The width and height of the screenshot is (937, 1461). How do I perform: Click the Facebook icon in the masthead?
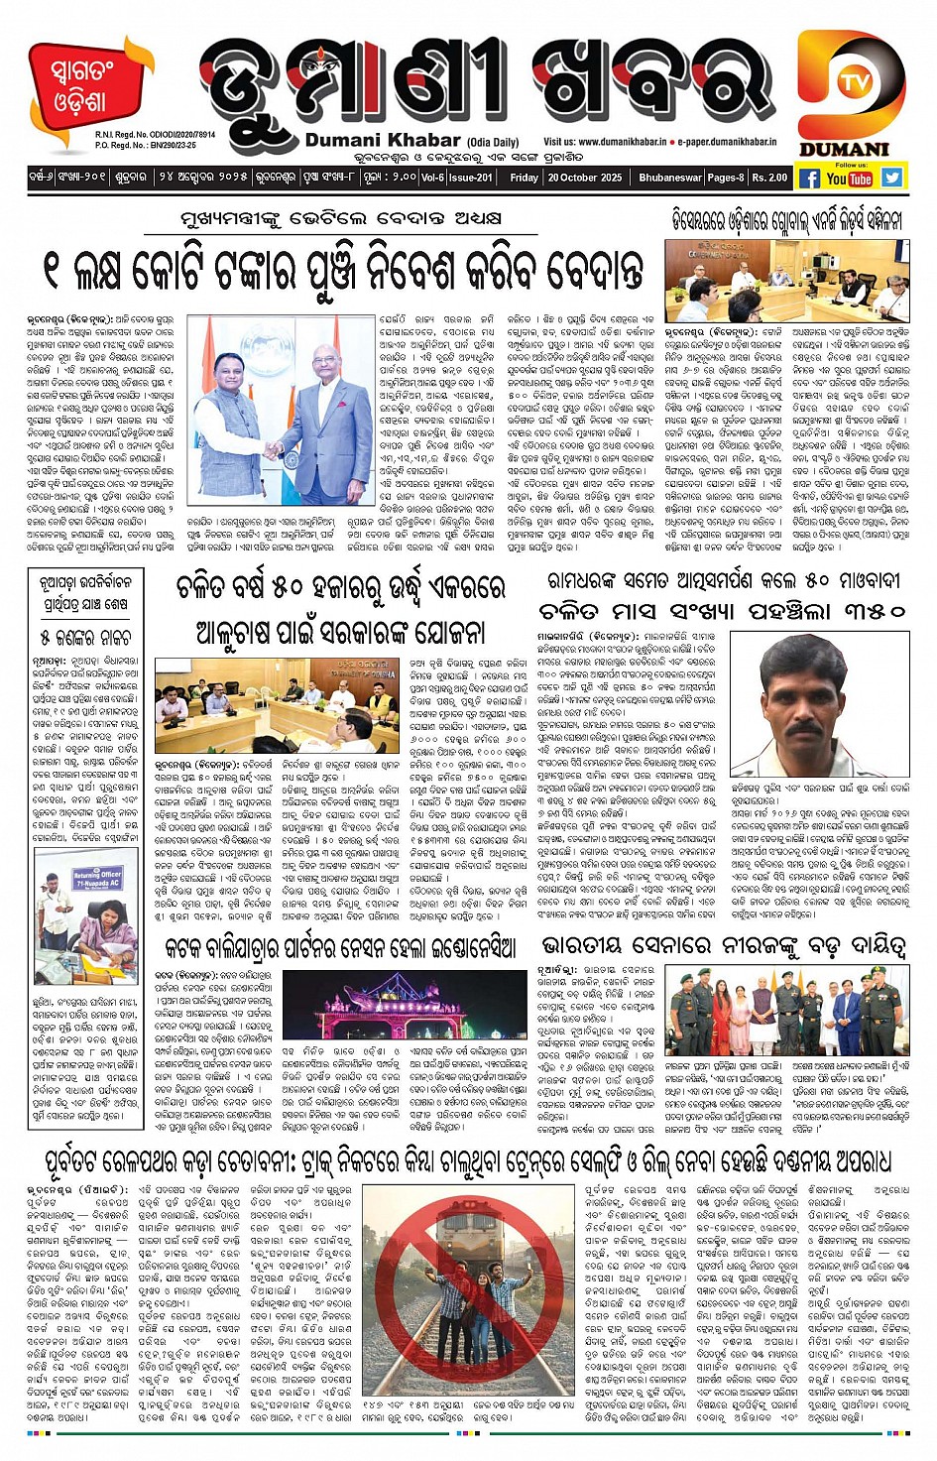[x=809, y=179]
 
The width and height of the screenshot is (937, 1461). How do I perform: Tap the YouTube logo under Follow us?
[x=849, y=179]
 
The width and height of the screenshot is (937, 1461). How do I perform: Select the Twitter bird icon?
[x=892, y=178]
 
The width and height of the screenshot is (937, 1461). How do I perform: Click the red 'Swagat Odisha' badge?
[x=79, y=87]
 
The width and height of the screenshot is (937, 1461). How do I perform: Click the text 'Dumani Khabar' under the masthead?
[x=383, y=141]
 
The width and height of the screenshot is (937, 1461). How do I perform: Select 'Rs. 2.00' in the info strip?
[x=769, y=179]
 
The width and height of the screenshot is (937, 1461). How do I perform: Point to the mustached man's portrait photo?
[x=819, y=703]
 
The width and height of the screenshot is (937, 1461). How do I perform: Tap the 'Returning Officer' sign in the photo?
[x=96, y=877]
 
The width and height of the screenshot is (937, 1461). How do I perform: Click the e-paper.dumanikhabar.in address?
[x=729, y=143]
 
